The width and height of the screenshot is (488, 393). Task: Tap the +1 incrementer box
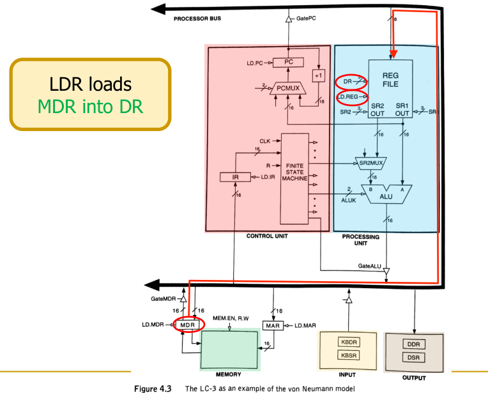point(317,75)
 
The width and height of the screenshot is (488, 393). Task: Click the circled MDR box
point(187,325)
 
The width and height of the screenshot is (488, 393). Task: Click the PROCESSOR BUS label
point(197,19)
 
